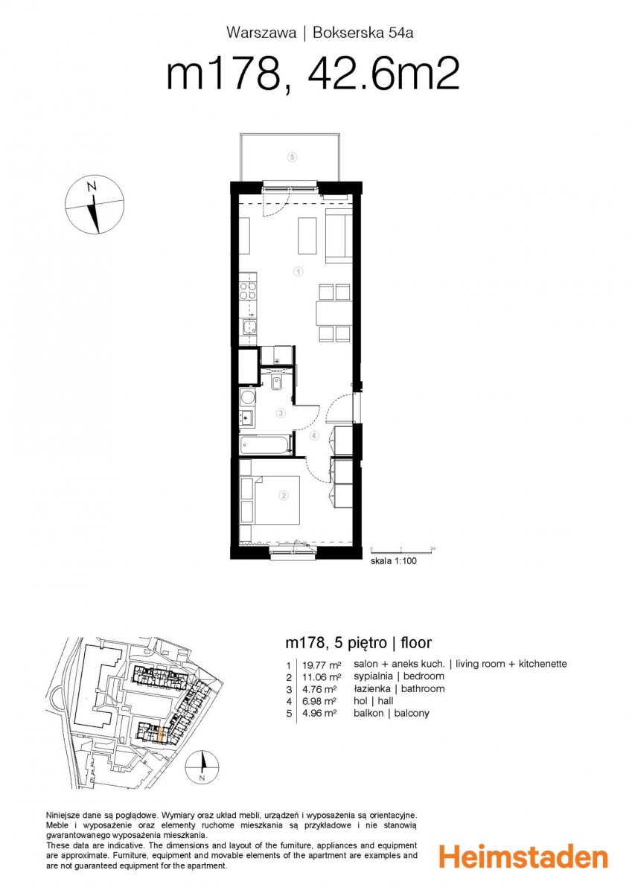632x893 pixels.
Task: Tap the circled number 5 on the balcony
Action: tap(293, 157)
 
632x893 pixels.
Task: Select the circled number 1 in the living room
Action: tap(298, 272)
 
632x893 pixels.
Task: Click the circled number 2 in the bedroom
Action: tap(284, 496)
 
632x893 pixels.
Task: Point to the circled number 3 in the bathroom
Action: tap(281, 413)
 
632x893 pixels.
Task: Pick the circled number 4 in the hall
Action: tap(314, 436)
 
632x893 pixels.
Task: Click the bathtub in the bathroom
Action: tap(266, 445)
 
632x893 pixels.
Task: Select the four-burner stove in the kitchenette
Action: tap(248, 290)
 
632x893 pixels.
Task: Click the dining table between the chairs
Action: tap(333, 314)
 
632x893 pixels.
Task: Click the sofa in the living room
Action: tap(339, 236)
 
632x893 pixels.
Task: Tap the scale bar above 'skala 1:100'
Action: tap(402, 551)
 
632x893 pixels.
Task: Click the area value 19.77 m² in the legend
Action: tap(322, 665)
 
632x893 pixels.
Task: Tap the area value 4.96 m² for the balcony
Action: tap(320, 713)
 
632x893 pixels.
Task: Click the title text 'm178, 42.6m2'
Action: tap(313, 74)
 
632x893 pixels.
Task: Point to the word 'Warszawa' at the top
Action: tap(261, 33)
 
